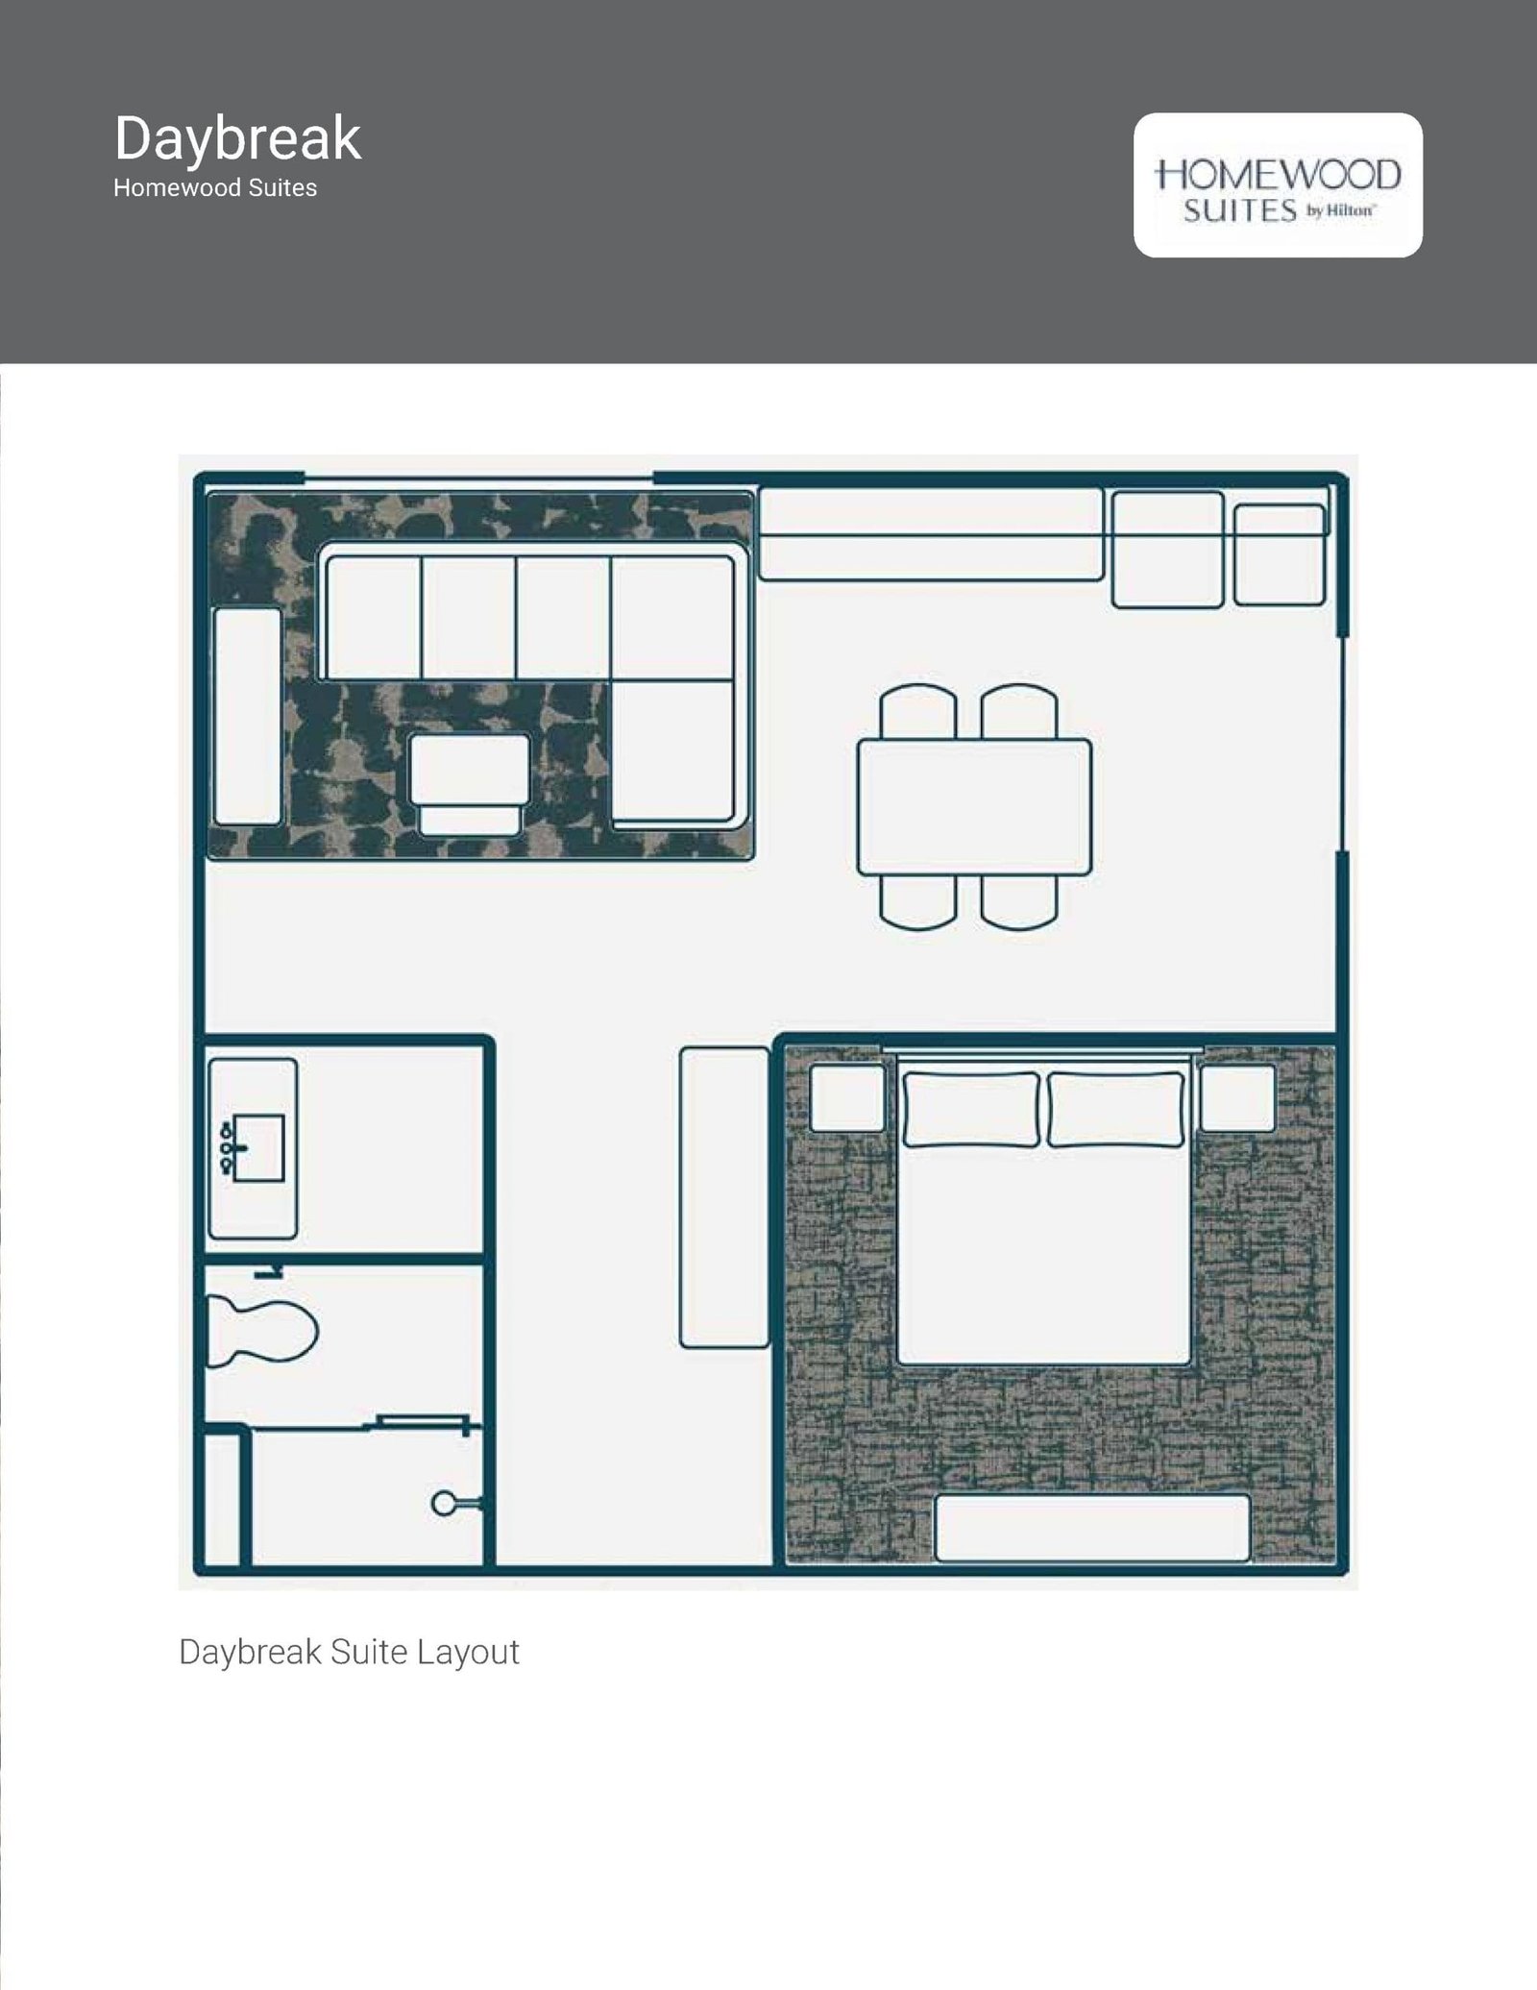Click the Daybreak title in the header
[x=237, y=140]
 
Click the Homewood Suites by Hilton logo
[x=1278, y=185]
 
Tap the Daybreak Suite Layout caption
[x=349, y=1652]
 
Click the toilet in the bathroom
[x=261, y=1331]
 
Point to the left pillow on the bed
[x=970, y=1110]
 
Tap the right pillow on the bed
[x=1115, y=1110]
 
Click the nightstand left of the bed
[x=847, y=1097]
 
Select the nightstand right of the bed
[x=1237, y=1097]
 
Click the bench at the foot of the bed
[x=1092, y=1528]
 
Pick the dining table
[x=974, y=807]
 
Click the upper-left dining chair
[x=918, y=711]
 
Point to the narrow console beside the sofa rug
[x=247, y=716]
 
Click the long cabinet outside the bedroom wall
[x=724, y=1197]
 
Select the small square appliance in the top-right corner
[x=1280, y=555]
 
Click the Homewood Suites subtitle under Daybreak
[x=215, y=188]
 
